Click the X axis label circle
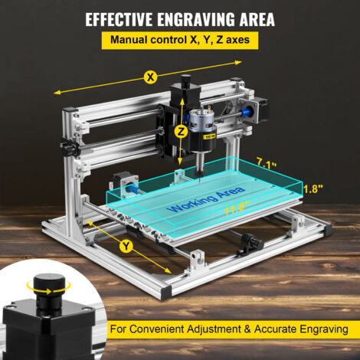point(151,77)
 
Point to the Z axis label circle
point(181,131)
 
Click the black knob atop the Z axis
point(186,80)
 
